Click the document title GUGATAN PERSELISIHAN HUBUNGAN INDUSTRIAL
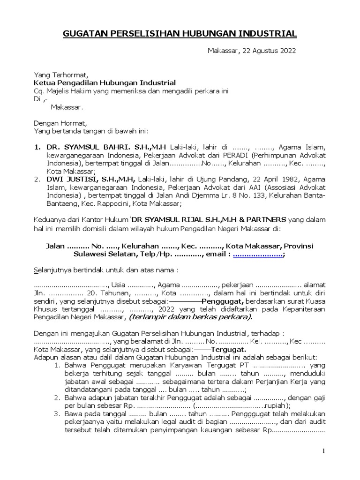(x=180, y=34)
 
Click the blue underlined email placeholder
(x=257, y=255)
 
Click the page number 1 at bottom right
(x=323, y=451)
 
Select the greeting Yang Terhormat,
(x=60, y=75)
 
